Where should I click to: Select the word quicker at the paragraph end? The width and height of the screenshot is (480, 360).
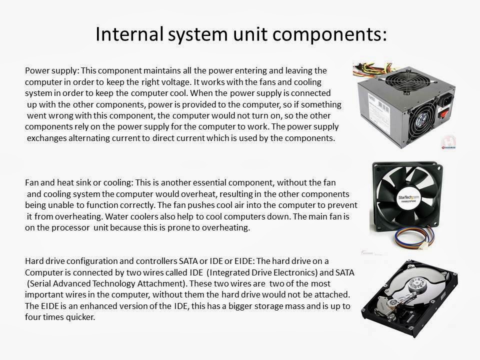click(77, 316)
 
